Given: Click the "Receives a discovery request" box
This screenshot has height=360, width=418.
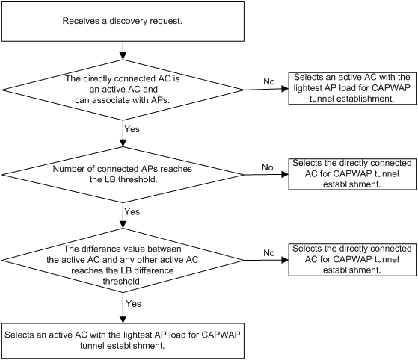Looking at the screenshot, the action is point(123,22).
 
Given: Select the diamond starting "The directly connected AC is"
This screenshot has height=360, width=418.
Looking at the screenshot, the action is point(123,90).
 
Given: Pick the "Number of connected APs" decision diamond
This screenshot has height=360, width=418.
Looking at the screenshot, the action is point(123,175).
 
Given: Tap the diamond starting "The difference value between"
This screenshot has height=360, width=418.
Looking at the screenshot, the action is point(123,260).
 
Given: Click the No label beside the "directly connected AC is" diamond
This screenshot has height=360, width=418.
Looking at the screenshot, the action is point(269,81).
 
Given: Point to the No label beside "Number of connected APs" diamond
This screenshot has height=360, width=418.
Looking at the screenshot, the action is point(268,167).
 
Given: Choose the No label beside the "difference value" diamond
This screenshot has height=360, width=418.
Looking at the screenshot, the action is point(269,252).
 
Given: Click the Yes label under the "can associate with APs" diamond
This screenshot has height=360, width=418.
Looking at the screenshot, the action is point(132,129).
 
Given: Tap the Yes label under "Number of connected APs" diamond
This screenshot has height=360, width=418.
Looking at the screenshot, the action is point(132,211).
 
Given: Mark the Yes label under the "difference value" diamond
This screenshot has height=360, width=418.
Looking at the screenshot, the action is point(134,304).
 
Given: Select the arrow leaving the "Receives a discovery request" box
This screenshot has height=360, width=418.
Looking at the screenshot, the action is point(123,51).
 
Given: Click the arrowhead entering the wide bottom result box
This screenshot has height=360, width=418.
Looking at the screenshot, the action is point(123,320).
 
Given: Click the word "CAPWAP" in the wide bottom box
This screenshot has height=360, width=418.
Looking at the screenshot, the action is point(221,335).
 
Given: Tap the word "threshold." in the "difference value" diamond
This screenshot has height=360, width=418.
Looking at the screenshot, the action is point(123,281).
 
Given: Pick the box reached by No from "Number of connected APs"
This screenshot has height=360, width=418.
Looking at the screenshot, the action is point(352,174).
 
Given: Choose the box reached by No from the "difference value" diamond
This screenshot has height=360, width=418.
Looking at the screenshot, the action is point(352,260).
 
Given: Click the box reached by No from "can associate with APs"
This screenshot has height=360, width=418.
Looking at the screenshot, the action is point(352,88).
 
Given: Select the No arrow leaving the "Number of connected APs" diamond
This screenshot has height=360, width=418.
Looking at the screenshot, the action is point(266,175).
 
